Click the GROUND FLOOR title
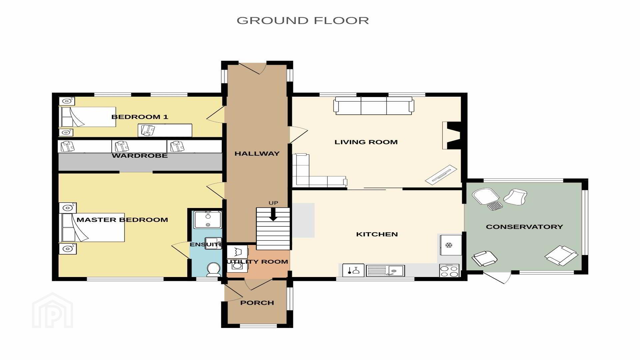[303, 20]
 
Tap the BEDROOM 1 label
[140, 117]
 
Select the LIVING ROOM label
[366, 142]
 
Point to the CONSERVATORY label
[524, 227]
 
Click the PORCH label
[257, 303]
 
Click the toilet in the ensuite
[213, 269]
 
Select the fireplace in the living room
[452, 135]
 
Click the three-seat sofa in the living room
[374, 105]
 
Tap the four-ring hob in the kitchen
[449, 270]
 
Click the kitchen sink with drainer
[385, 271]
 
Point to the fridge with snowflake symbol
[451, 245]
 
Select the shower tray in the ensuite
[208, 219]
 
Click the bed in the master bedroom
[92, 227]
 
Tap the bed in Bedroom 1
[87, 117]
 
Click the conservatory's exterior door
[497, 277]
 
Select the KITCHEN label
[377, 234]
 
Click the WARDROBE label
[140, 156]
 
